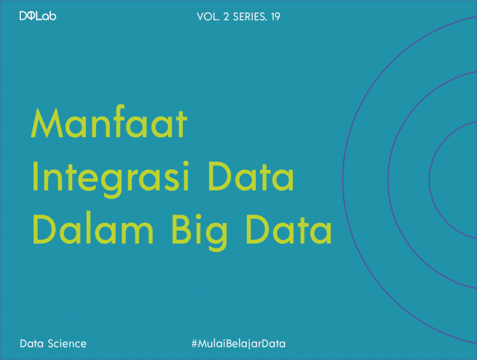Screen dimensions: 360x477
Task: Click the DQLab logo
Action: click(38, 16)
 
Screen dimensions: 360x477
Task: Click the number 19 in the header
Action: click(275, 17)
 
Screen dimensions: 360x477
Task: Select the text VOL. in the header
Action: click(207, 17)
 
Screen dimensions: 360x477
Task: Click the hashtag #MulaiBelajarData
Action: click(238, 344)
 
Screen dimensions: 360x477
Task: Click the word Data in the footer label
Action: click(32, 344)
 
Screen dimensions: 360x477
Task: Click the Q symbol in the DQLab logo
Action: click(32, 16)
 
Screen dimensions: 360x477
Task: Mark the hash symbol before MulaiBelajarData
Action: click(194, 344)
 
